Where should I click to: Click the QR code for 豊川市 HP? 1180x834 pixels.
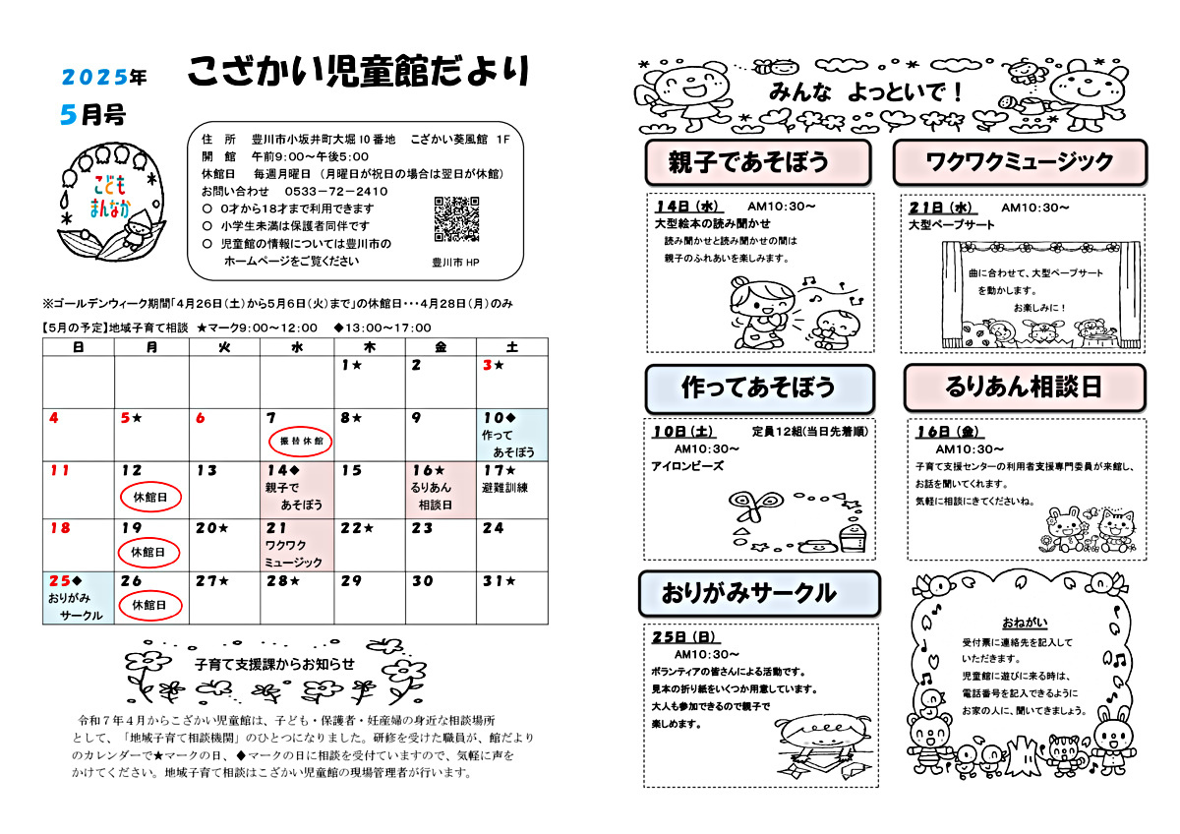click(x=455, y=218)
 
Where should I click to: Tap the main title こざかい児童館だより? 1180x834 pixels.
click(x=359, y=71)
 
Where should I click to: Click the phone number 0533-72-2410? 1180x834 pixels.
click(x=334, y=191)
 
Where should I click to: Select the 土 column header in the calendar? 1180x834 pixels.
click(x=512, y=346)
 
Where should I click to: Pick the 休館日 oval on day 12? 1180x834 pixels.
click(x=150, y=498)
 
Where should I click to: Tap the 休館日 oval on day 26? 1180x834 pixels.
click(x=150, y=605)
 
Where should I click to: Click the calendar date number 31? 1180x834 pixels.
click(x=493, y=581)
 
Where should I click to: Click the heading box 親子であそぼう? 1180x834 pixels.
click(x=758, y=161)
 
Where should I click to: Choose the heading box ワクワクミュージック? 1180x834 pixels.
click(x=1020, y=161)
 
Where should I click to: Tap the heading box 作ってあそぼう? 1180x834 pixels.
click(x=758, y=387)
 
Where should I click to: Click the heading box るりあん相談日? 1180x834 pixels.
click(x=1024, y=387)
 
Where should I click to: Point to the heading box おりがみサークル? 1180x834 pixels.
click(x=758, y=593)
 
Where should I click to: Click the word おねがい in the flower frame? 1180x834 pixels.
click(x=1025, y=623)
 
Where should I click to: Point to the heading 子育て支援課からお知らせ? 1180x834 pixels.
click(x=275, y=664)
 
